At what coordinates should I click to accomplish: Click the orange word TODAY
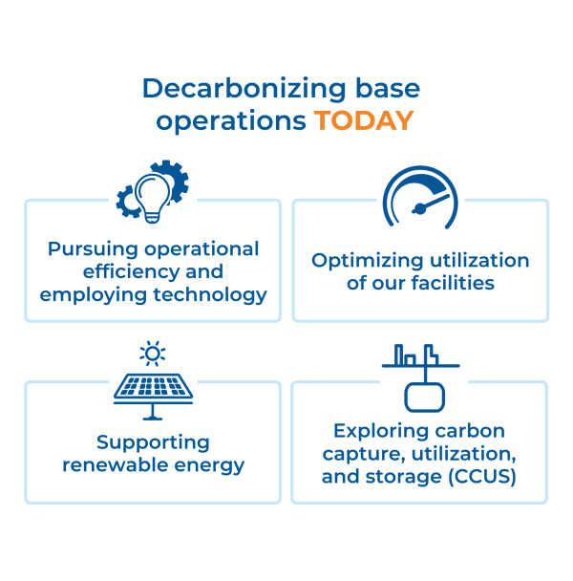[364, 120]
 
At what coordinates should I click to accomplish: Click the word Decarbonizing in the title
[244, 90]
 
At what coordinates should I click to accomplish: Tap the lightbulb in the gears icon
[153, 198]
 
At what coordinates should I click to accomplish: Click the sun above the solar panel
[153, 354]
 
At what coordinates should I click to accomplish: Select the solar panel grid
[153, 386]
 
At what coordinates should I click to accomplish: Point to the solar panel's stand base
[153, 419]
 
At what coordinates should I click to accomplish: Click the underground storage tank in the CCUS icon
[424, 398]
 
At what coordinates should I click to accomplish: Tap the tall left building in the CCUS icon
[399, 355]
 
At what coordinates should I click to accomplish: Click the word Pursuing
[93, 249]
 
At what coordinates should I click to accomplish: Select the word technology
[210, 295]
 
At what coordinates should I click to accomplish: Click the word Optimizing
[367, 261]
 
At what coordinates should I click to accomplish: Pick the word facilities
[453, 283]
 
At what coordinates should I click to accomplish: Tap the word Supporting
[153, 443]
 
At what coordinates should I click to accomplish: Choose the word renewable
[116, 465]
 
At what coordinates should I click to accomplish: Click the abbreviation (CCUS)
[482, 477]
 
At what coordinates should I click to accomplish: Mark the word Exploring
[381, 432]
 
